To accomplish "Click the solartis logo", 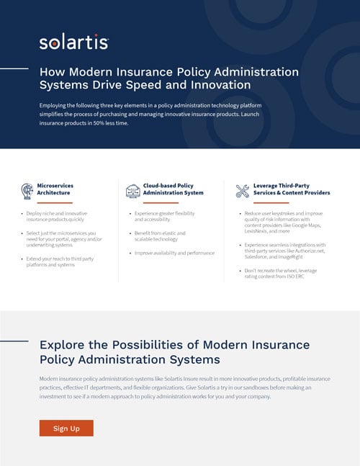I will coord(74,42).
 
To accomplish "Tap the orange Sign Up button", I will coord(66,429).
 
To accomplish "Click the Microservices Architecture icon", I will coord(27,190).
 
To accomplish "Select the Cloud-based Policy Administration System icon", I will coord(132,190).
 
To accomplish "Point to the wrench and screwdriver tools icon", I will coord(242,190).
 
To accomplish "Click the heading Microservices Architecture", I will coord(55,189).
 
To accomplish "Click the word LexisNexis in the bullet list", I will coord(257,232).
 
